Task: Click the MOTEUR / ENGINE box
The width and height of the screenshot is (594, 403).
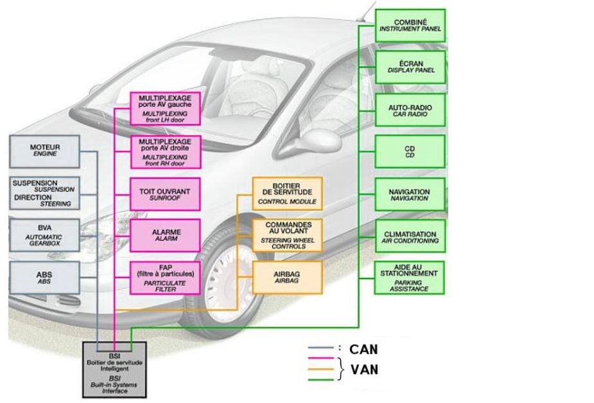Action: point(44,151)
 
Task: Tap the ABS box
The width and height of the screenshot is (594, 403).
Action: point(44,277)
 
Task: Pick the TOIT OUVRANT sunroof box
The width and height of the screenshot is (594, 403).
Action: point(165,194)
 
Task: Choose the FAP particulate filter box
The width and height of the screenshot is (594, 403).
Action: point(165,277)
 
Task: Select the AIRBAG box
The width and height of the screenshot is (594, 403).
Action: point(287,277)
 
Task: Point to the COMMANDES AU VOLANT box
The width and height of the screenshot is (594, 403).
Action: point(287,236)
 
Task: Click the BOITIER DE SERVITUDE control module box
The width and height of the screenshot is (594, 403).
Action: point(287,193)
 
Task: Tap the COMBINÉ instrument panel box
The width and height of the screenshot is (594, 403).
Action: point(410,26)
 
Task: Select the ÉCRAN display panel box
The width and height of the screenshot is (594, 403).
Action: point(410,67)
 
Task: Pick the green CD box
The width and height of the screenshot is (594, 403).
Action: point(410,151)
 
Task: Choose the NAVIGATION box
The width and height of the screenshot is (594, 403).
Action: point(410,195)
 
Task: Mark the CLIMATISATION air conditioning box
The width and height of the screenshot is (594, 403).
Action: point(410,237)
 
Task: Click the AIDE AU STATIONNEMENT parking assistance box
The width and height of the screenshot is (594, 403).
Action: point(410,277)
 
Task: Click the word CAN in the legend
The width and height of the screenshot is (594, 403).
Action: point(363,350)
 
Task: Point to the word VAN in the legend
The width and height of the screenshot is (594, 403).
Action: point(363,369)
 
